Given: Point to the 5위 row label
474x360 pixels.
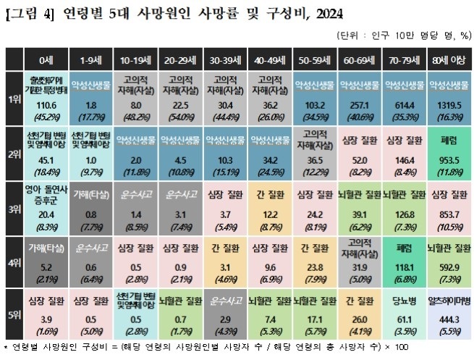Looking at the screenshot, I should pyautogui.click(x=14, y=310).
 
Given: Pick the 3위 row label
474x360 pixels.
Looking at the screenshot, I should pyautogui.click(x=14, y=204).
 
